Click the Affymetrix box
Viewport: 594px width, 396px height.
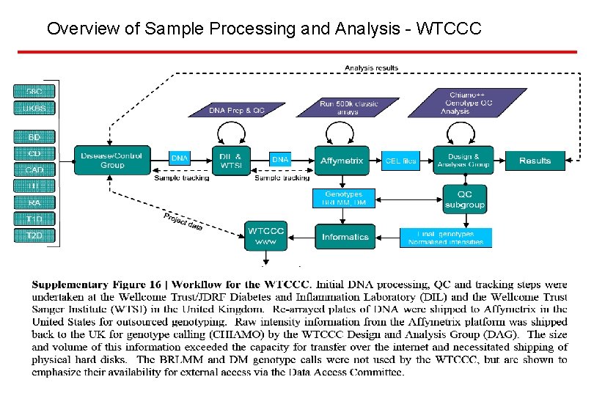pos(342,161)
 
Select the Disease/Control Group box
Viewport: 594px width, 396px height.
pos(112,160)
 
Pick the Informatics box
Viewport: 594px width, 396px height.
pos(345,236)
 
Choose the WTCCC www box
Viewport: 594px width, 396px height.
pos(265,236)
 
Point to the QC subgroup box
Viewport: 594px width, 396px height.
pos(465,199)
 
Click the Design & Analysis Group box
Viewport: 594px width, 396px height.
pos(463,161)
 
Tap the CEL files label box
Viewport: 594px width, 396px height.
pos(401,161)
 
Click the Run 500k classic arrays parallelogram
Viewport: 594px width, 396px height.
pos(348,108)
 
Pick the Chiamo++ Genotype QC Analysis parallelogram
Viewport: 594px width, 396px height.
pos(465,103)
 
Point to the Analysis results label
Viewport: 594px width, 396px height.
pos(372,68)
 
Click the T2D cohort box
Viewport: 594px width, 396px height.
pos(34,235)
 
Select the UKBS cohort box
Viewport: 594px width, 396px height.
pos(34,109)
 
